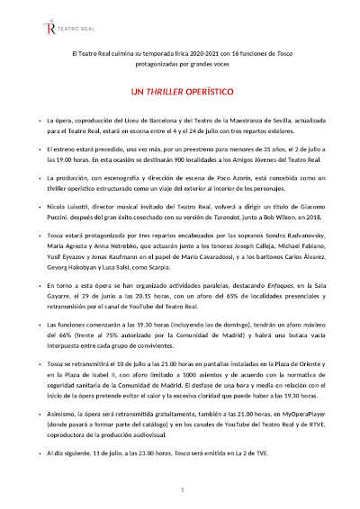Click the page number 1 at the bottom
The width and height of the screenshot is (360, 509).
click(x=181, y=489)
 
